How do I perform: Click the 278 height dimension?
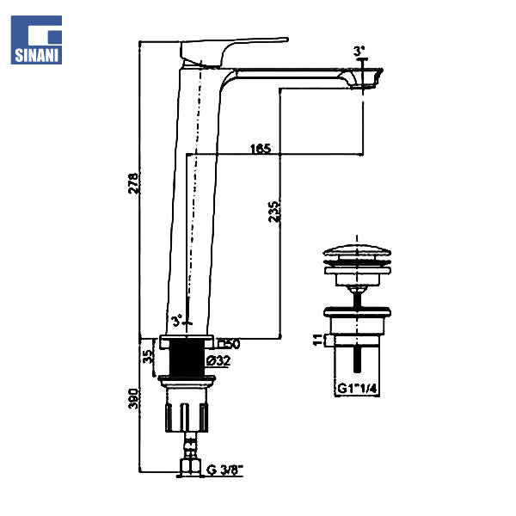(x=133, y=183)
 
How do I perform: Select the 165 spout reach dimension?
(x=260, y=149)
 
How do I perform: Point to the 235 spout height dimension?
(x=273, y=212)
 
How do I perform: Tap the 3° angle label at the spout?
(x=358, y=51)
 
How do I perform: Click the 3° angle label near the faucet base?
(x=176, y=322)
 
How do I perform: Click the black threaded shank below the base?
(x=186, y=356)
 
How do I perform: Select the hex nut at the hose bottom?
(x=187, y=468)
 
